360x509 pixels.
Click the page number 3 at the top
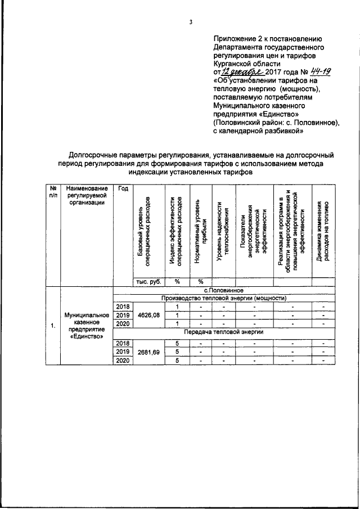191,23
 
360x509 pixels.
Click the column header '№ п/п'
53,191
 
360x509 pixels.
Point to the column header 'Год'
123,188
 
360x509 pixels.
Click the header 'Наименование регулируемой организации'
87,195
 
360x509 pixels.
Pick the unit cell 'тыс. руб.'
147,282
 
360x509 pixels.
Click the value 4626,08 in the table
148,315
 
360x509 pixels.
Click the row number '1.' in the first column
53,326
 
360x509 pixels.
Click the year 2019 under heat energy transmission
123,352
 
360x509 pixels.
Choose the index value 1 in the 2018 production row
177,307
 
